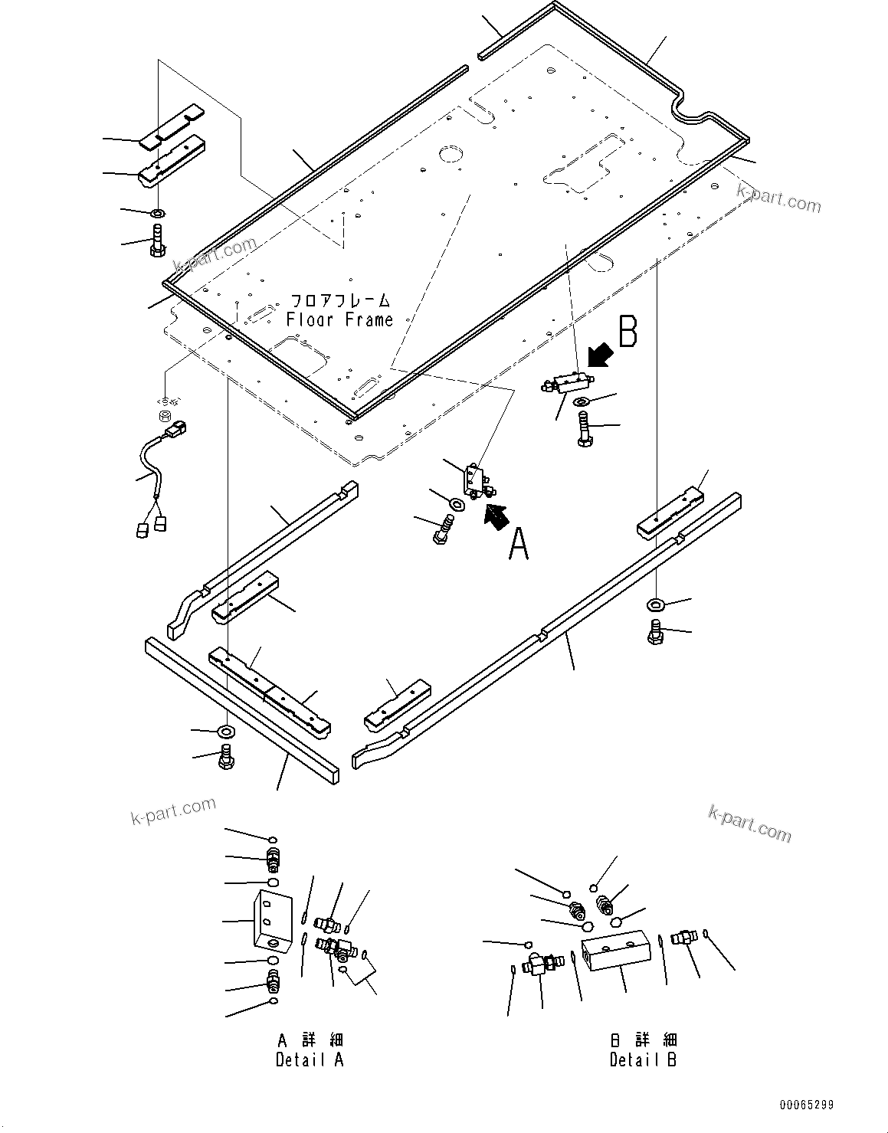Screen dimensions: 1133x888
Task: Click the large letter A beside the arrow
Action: pos(519,545)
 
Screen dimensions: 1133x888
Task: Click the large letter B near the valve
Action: pos(628,332)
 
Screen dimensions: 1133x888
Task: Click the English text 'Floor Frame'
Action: pos(339,320)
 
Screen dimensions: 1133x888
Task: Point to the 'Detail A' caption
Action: pos(310,1059)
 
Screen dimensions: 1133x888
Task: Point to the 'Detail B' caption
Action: pos(644,1059)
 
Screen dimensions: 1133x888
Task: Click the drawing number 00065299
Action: pos(806,1105)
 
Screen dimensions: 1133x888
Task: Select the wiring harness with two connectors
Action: pos(157,475)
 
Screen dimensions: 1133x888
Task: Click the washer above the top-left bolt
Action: pos(157,211)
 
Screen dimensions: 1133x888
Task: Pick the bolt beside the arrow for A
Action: pos(444,529)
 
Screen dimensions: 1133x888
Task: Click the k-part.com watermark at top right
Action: pos(778,200)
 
